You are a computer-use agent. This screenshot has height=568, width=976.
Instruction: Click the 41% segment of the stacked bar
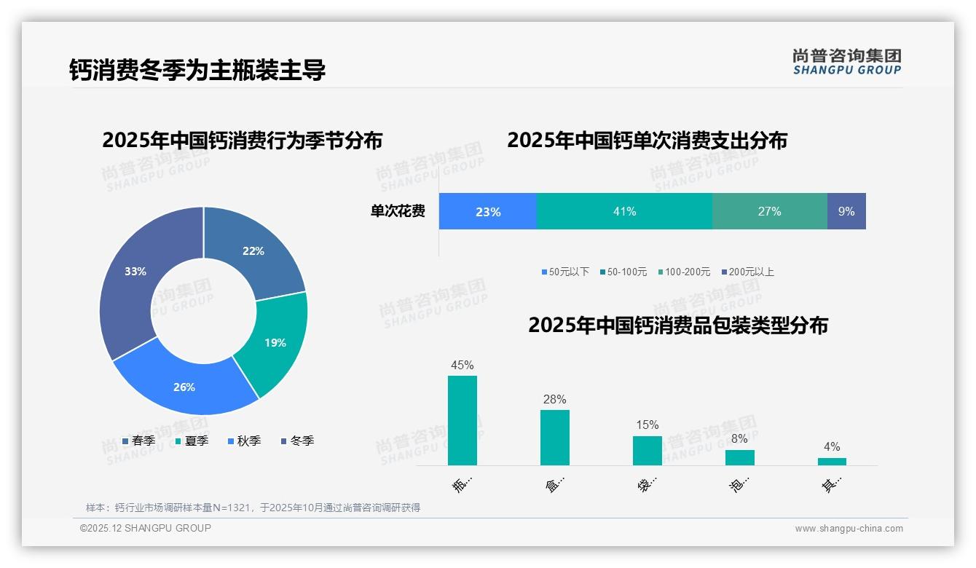624,211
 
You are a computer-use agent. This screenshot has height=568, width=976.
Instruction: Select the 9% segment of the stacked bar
846,211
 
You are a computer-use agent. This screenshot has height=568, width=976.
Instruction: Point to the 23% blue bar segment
487,211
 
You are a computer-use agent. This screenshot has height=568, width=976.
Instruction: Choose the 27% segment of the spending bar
769,211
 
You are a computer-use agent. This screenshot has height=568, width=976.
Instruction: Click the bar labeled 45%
463,420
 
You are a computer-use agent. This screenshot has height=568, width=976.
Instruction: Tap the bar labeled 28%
554,437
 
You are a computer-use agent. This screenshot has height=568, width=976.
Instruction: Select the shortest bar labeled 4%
832,461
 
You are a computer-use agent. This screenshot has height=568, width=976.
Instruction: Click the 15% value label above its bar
647,425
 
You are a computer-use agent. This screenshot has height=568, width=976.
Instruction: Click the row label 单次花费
398,211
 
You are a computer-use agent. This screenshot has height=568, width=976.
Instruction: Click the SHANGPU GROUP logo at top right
846,61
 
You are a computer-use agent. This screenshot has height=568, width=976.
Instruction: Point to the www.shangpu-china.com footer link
849,529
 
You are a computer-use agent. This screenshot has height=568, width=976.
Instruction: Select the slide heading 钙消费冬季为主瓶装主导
197,70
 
